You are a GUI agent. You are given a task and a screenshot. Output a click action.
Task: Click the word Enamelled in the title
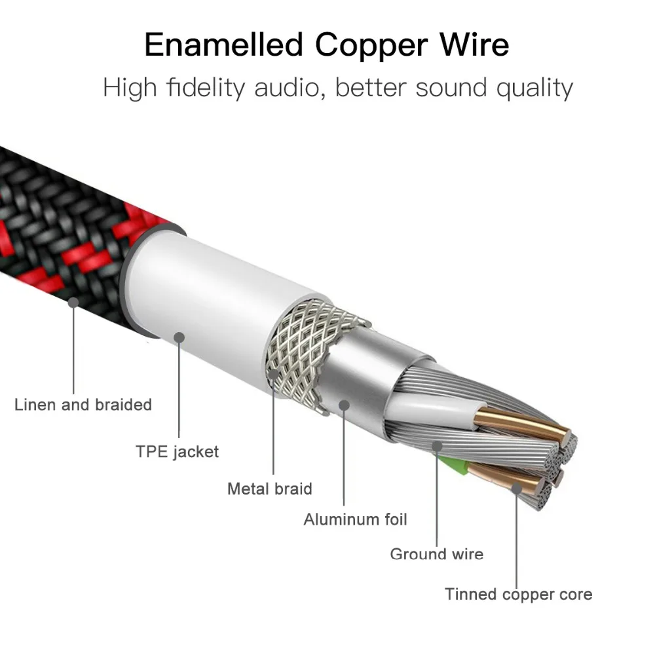pyautogui.click(x=225, y=45)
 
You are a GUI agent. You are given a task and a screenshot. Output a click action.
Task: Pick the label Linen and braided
pyautogui.click(x=83, y=405)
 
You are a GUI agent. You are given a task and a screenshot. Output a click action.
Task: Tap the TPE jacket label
pyautogui.click(x=177, y=451)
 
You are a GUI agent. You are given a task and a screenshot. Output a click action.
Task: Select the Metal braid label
pyautogui.click(x=269, y=489)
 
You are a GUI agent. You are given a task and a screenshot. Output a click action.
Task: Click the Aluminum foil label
pyautogui.click(x=355, y=519)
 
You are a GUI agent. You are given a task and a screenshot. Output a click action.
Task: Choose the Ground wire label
pyautogui.click(x=436, y=554)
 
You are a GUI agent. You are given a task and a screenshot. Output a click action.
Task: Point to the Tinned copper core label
pyautogui.click(x=518, y=594)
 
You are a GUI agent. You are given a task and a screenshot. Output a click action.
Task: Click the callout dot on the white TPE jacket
pyautogui.click(x=179, y=337)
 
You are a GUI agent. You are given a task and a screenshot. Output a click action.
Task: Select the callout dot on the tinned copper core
pyautogui.click(x=517, y=488)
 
